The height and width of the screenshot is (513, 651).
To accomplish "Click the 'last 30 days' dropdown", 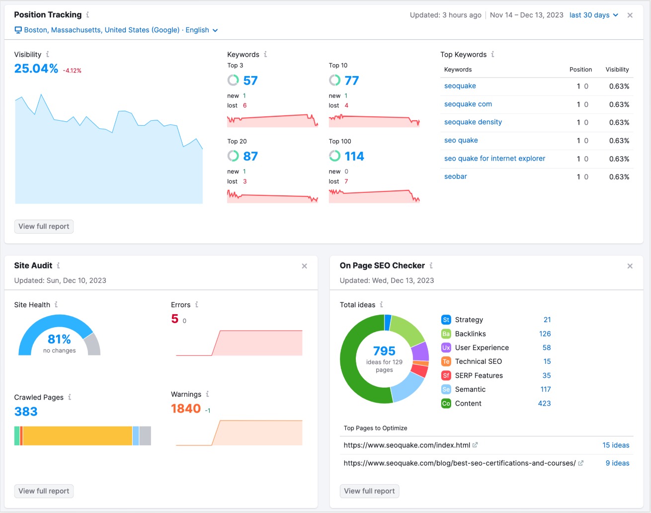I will [x=593, y=15].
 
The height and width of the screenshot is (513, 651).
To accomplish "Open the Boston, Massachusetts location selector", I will [x=116, y=30].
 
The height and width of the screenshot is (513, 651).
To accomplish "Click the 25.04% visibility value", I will [x=36, y=69].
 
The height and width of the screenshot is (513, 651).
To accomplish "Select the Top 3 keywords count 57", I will [x=250, y=81].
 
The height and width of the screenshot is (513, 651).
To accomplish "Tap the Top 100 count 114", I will [x=354, y=157].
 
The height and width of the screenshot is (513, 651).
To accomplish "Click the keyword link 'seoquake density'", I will [x=473, y=122].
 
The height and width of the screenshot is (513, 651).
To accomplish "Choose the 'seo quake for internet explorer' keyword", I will [x=494, y=159].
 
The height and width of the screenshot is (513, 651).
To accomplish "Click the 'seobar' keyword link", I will [x=455, y=176].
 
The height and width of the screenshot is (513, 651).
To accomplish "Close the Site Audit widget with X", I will [x=304, y=266].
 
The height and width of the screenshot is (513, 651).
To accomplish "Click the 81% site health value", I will [x=59, y=339].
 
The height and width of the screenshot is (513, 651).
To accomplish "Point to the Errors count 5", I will [x=175, y=319].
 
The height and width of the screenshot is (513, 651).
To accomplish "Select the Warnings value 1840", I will [x=186, y=409].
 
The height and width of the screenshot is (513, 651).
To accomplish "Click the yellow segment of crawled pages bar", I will [x=77, y=435].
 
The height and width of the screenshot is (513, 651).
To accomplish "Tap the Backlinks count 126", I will [x=545, y=334].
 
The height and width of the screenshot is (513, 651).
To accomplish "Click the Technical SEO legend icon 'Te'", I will [x=446, y=361].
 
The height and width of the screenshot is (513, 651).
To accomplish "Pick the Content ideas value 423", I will [x=544, y=403].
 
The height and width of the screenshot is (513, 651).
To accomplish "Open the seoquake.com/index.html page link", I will [x=407, y=445].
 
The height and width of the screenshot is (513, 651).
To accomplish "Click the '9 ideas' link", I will [x=617, y=463].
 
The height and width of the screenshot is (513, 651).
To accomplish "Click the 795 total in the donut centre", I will [x=384, y=351].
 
